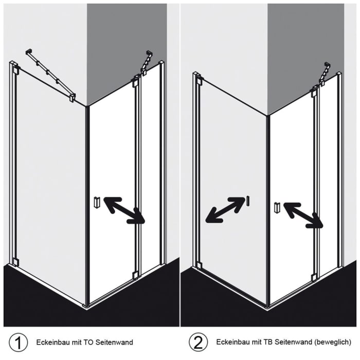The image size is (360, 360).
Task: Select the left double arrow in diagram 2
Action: coord(225,210)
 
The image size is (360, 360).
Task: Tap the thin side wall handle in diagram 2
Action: coord(248,201)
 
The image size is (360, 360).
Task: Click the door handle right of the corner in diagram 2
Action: coord(277,207)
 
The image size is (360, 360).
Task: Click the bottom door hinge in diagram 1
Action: coord(135,275)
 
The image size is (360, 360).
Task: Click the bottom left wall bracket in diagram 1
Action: coord(15,262)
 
